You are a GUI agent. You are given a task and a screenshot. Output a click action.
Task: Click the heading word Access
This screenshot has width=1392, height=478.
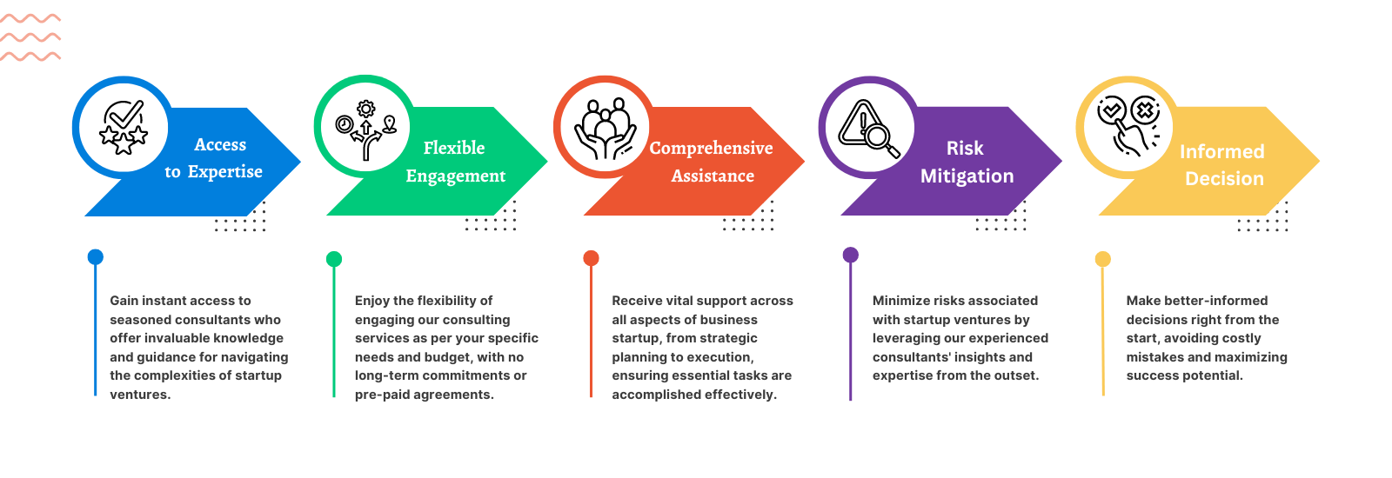[x=220, y=145]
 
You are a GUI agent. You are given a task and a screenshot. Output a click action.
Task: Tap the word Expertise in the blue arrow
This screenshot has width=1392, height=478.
[x=225, y=172]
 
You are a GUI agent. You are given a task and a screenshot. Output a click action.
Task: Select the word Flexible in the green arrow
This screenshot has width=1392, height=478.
[x=454, y=149]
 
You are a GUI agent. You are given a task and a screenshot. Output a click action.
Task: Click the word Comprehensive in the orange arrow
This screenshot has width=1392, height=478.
[x=711, y=149]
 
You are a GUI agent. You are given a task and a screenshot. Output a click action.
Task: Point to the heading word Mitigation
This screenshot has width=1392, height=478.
[x=967, y=176]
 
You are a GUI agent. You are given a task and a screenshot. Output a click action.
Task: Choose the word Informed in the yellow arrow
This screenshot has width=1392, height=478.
[x=1221, y=152]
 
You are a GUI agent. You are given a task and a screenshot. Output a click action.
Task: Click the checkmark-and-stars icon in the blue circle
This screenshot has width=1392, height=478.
[x=124, y=127]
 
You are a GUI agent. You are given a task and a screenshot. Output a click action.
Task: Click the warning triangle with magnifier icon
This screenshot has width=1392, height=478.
[x=867, y=129]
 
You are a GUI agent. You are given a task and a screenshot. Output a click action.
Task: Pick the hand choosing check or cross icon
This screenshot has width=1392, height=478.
[x=1128, y=127]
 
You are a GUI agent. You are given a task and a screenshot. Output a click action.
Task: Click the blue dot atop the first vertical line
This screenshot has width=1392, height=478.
[x=96, y=256]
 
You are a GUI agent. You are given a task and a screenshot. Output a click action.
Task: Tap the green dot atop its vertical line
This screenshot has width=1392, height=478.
[x=334, y=259]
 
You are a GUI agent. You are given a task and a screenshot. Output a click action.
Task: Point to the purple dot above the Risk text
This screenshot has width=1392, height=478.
[x=851, y=255]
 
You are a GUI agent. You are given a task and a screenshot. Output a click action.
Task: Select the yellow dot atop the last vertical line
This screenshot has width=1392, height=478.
[x=1102, y=259]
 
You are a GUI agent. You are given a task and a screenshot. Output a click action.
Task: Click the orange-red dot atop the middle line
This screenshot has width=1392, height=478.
[x=591, y=258]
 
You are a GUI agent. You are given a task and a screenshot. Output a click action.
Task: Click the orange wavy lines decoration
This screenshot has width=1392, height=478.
[x=31, y=37]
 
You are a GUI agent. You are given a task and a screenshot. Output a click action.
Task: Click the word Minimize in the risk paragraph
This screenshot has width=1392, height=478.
[x=900, y=301]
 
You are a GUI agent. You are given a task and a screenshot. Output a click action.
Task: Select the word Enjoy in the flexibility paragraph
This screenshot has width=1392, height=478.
[x=371, y=301]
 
